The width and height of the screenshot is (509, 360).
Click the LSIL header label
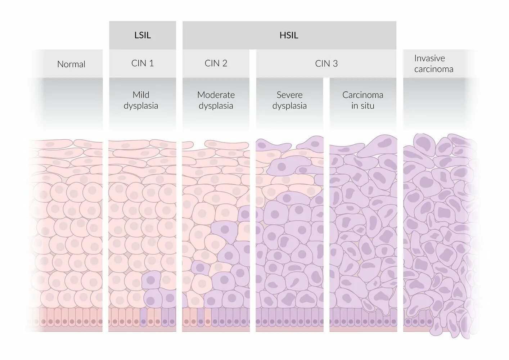pyautogui.click(x=143, y=35)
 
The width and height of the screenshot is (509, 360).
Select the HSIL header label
pyautogui.click(x=289, y=35)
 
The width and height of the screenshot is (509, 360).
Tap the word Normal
pyautogui.click(x=71, y=64)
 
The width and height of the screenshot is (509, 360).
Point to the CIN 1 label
pyautogui.click(x=143, y=63)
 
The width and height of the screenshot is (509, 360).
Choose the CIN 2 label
pyautogui.click(x=216, y=63)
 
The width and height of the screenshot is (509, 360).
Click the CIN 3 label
pyautogui.click(x=326, y=64)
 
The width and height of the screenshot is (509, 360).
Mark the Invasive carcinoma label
pyautogui.click(x=433, y=64)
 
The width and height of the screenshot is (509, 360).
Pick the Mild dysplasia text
pyautogui.click(x=141, y=100)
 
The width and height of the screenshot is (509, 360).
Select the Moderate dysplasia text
pyautogui.click(x=216, y=100)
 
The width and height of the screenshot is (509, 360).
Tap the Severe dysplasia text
pyautogui.click(x=289, y=100)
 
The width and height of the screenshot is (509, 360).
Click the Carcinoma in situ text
pyautogui.click(x=362, y=100)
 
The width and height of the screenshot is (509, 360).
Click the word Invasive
pyautogui.click(x=429, y=58)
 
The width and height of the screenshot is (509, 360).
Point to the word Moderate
pyautogui.click(x=216, y=95)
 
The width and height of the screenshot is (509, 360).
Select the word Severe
pyautogui.click(x=289, y=95)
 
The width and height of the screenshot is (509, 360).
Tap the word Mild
pyautogui.click(x=141, y=95)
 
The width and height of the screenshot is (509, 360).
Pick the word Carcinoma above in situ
pyautogui.click(x=362, y=95)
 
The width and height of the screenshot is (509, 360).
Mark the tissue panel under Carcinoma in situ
pyautogui.click(x=363, y=234)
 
